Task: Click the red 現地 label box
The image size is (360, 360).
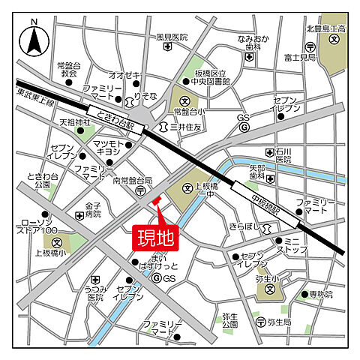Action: coord(154,238)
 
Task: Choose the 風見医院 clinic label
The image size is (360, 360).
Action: coord(172,37)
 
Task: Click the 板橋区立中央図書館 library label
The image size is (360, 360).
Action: coord(211,77)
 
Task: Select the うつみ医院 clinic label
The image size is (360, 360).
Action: coord(94,293)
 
